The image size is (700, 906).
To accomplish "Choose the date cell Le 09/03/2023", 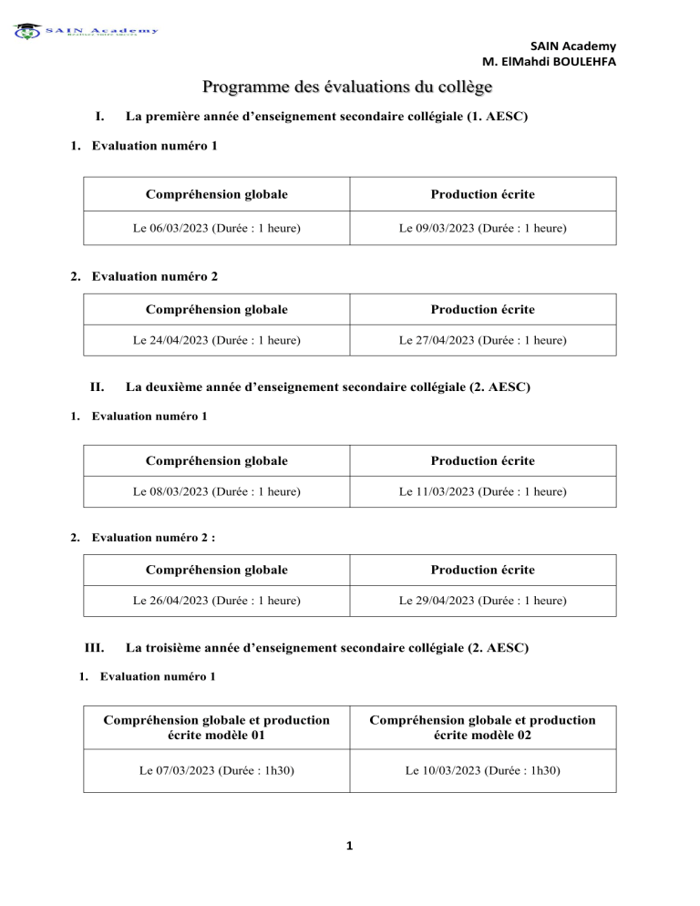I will point(483,227).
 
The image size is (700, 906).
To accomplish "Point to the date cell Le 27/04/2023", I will point(483,340).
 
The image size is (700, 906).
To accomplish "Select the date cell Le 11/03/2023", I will point(483,491).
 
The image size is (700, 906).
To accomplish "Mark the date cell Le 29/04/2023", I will point(483,601).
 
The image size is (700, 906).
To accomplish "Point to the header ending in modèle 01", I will point(218,726).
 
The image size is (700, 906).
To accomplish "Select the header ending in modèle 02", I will point(483,726).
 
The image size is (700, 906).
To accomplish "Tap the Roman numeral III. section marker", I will point(94,648).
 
